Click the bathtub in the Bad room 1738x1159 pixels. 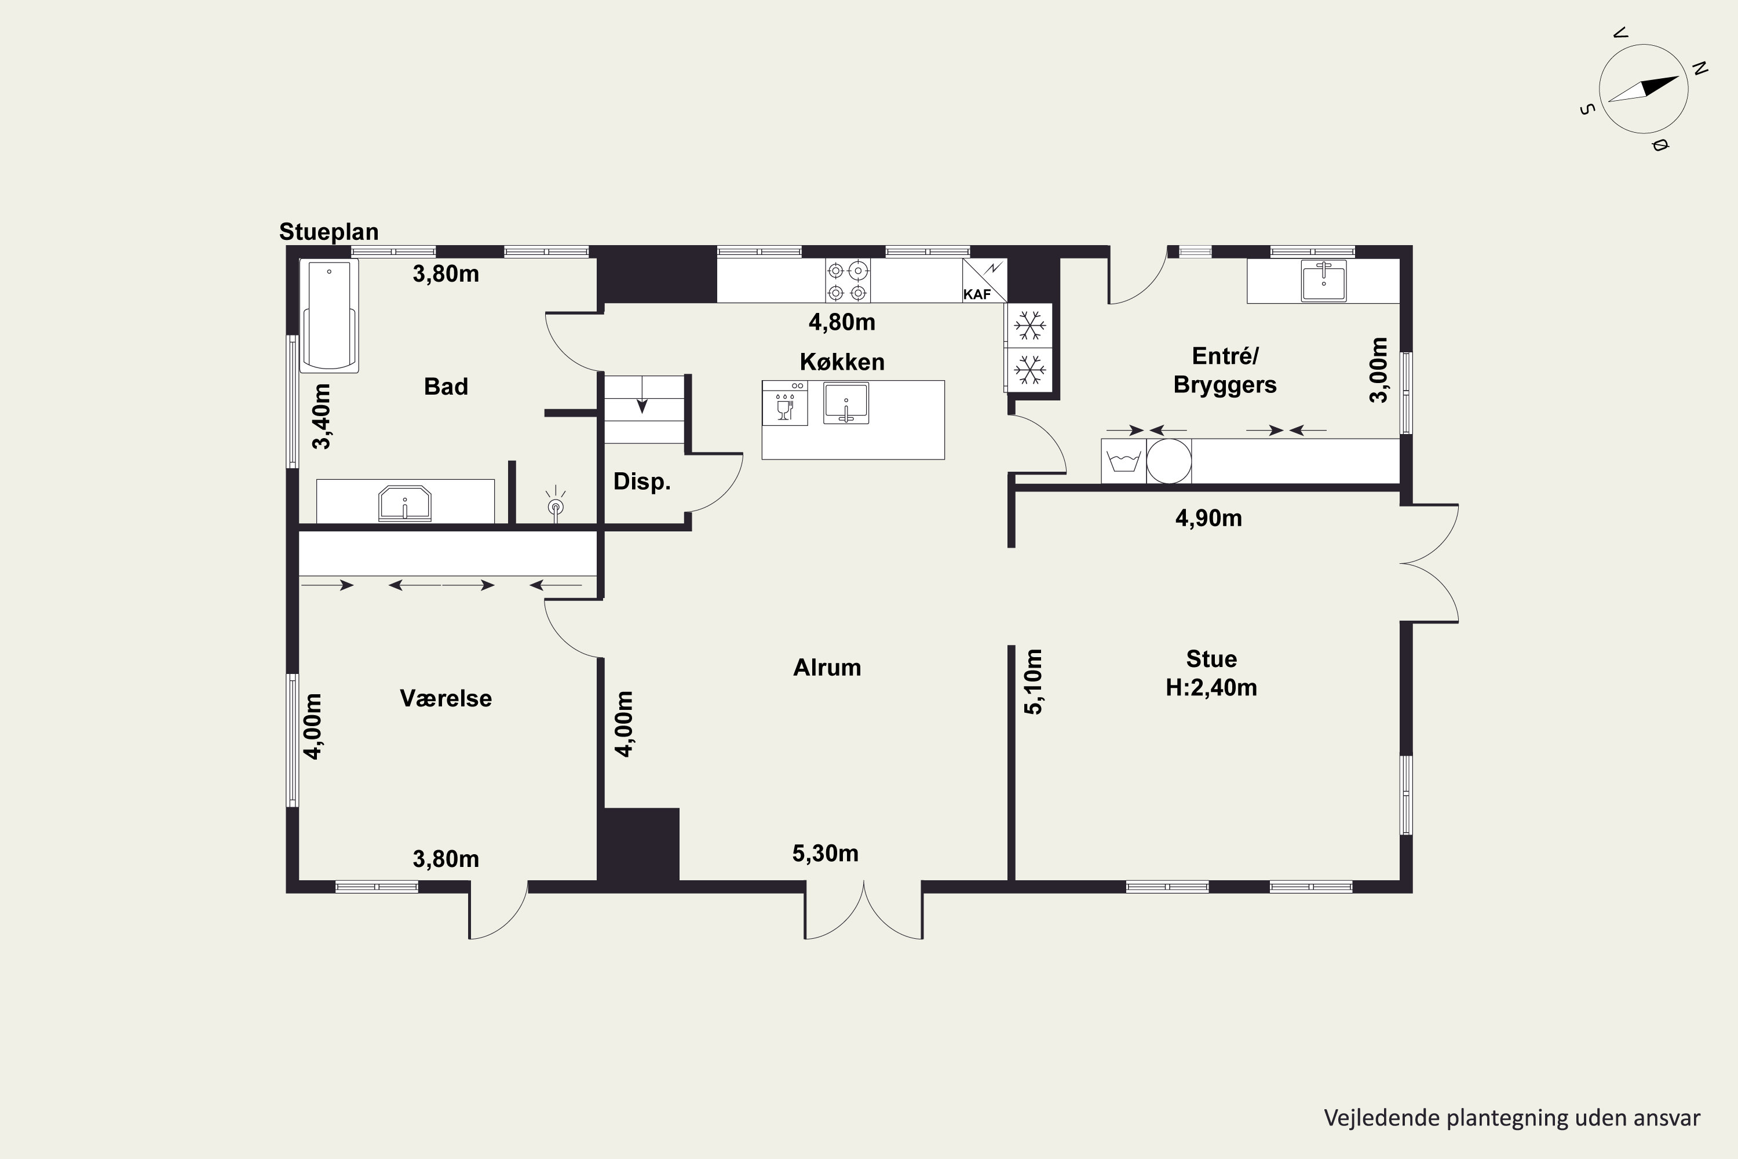tap(329, 316)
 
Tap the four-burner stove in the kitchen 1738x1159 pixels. tap(848, 281)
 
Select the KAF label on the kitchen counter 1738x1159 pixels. tap(977, 294)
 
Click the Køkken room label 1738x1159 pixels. tap(842, 362)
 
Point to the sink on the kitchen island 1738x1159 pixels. tap(846, 403)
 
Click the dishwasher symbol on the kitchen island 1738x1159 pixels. tap(785, 403)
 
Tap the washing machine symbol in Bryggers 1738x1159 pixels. tap(1123, 461)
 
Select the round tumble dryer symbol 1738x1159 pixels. tap(1169, 461)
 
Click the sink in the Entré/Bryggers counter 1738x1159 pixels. tap(1323, 281)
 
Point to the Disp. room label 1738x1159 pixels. tap(641, 482)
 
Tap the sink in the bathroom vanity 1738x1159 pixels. tap(404, 504)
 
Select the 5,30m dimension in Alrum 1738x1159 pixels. tap(826, 854)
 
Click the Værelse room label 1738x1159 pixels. tap(446, 698)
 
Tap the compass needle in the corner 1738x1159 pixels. tap(1644, 89)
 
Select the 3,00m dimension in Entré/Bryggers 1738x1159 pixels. tap(1379, 370)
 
